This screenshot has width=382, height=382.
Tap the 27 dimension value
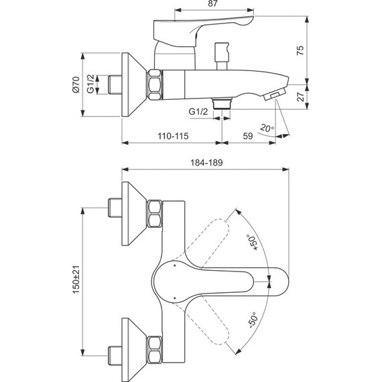300,97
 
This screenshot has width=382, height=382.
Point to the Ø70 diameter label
76,84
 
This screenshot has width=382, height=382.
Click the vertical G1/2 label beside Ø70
91,85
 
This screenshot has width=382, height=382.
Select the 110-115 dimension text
172,135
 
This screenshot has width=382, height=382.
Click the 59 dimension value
247,135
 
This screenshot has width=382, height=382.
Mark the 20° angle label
267,127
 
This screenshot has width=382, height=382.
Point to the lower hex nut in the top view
155,347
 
